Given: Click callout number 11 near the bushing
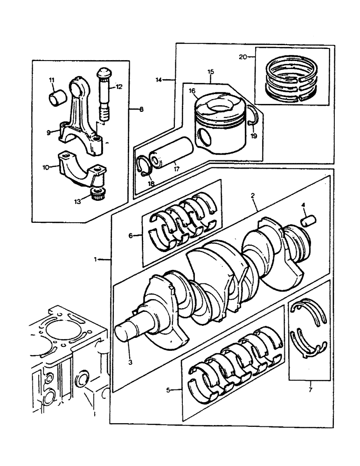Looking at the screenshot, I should click(52, 80).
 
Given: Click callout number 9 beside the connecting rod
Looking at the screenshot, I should click(49, 132).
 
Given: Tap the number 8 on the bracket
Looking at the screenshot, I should click(141, 110).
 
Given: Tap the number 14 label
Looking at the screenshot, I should click(160, 80).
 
